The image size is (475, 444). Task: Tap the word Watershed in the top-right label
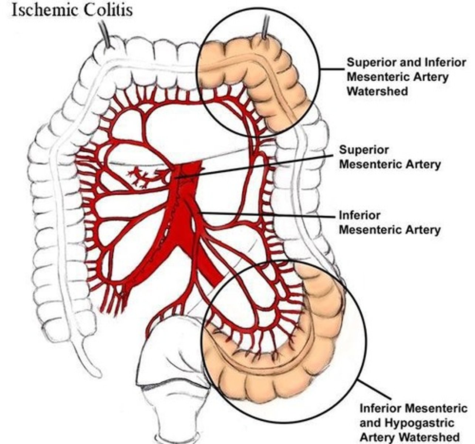click(x=377, y=91)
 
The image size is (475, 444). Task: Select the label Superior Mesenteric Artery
click(x=390, y=157)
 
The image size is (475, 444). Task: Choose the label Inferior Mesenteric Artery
click(x=390, y=222)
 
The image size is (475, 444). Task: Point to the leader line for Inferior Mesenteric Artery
click(x=266, y=214)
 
